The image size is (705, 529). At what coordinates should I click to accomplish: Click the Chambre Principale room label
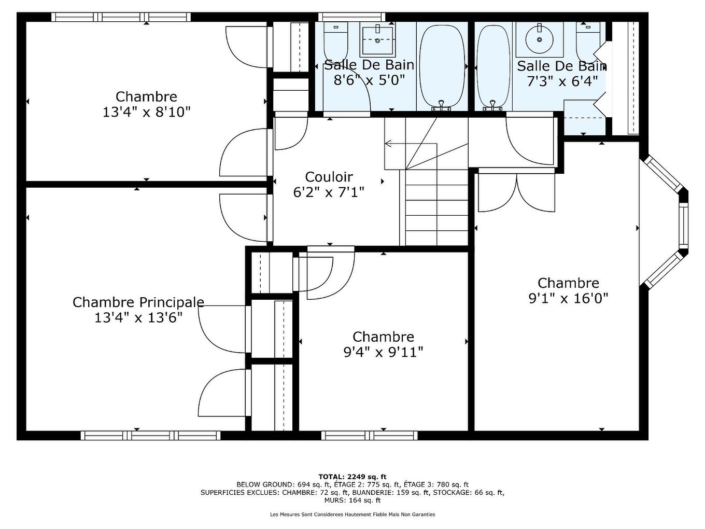tap(138, 302)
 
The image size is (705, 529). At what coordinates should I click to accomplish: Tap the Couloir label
tap(329, 177)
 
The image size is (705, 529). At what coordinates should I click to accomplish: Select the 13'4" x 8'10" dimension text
tap(146, 112)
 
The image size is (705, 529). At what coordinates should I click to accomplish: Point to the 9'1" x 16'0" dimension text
tap(568, 298)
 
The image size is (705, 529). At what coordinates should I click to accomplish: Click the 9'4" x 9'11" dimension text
tap(383, 352)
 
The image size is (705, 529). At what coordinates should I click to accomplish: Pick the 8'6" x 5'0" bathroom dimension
tap(369, 80)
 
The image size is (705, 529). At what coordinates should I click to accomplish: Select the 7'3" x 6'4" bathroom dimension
tap(562, 81)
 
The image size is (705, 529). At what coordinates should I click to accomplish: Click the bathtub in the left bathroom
tap(442, 66)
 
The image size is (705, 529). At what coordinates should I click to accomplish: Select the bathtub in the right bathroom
tap(493, 66)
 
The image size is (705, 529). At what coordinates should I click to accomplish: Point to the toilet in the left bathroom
tap(335, 41)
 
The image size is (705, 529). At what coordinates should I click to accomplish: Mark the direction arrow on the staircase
tap(389, 144)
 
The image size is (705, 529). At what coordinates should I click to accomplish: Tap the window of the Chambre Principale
tap(150, 435)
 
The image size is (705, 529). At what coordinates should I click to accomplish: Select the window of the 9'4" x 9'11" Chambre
tap(369, 435)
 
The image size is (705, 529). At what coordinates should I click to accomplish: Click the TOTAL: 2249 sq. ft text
tap(352, 477)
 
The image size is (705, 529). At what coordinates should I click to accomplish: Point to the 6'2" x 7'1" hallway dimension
tap(329, 192)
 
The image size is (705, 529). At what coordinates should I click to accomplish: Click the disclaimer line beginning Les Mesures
tap(352, 514)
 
